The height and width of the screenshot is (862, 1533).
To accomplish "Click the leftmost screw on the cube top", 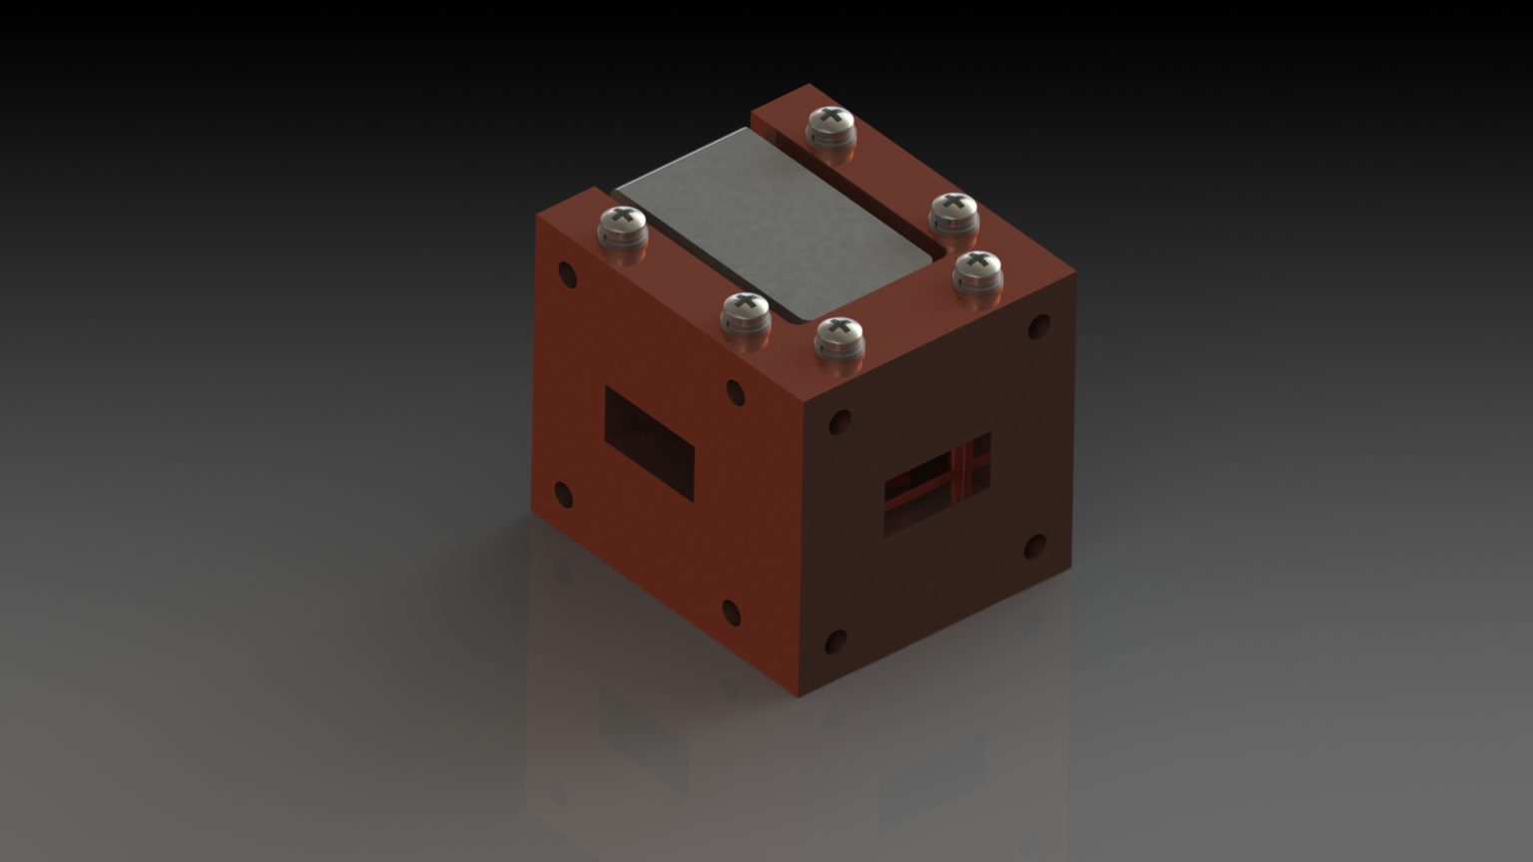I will tap(623, 223).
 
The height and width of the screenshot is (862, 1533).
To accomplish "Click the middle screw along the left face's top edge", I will tap(746, 312).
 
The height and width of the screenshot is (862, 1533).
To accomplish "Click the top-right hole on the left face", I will tap(736, 391).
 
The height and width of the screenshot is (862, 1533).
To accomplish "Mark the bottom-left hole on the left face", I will tap(564, 493).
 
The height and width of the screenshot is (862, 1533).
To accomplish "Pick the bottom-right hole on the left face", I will tap(731, 610).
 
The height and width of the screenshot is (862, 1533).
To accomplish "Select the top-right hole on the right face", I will tap(1039, 326).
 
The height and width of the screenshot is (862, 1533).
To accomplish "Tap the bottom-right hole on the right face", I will tap(1035, 546).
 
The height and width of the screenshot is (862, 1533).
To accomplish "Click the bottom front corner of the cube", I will tap(798, 695).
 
